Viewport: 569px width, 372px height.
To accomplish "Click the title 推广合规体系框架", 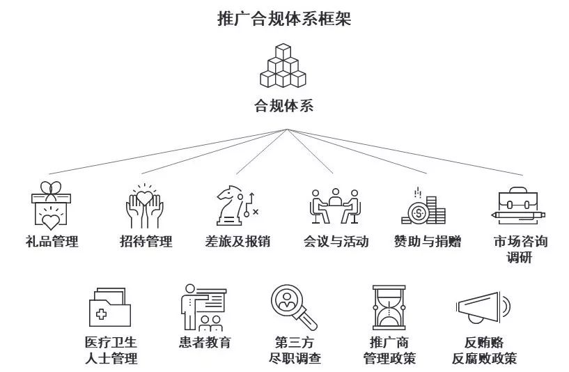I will coord(284,18).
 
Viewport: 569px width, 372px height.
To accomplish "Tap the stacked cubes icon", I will coord(283,66).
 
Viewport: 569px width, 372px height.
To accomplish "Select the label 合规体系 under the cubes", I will coord(283,107).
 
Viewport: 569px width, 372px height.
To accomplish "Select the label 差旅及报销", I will coord(237,242).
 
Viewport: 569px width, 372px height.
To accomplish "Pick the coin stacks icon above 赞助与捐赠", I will coord(423,206).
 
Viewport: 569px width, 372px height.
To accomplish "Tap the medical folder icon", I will coord(110,307).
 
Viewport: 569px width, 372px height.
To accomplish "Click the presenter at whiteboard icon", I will coord(204,307).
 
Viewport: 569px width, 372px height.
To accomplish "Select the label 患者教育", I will coord(204,342).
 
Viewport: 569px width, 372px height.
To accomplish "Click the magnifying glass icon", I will coord(293,307).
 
